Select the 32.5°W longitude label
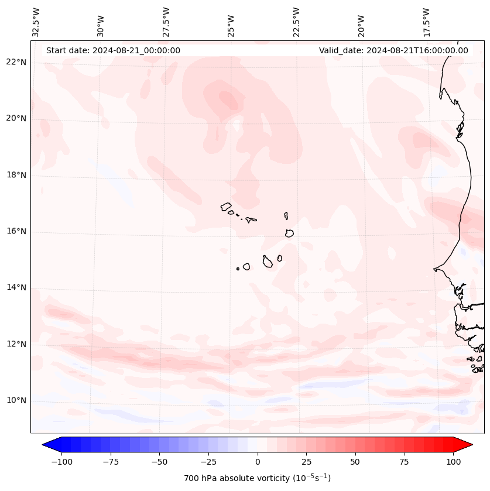pos(36,22)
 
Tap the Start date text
pos(113,50)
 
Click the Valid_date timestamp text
pos(393,50)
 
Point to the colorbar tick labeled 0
pos(258,462)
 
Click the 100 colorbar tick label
pos(454,462)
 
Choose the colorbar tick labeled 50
pos(355,462)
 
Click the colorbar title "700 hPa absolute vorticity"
pos(257,478)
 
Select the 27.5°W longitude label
pos(166,22)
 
